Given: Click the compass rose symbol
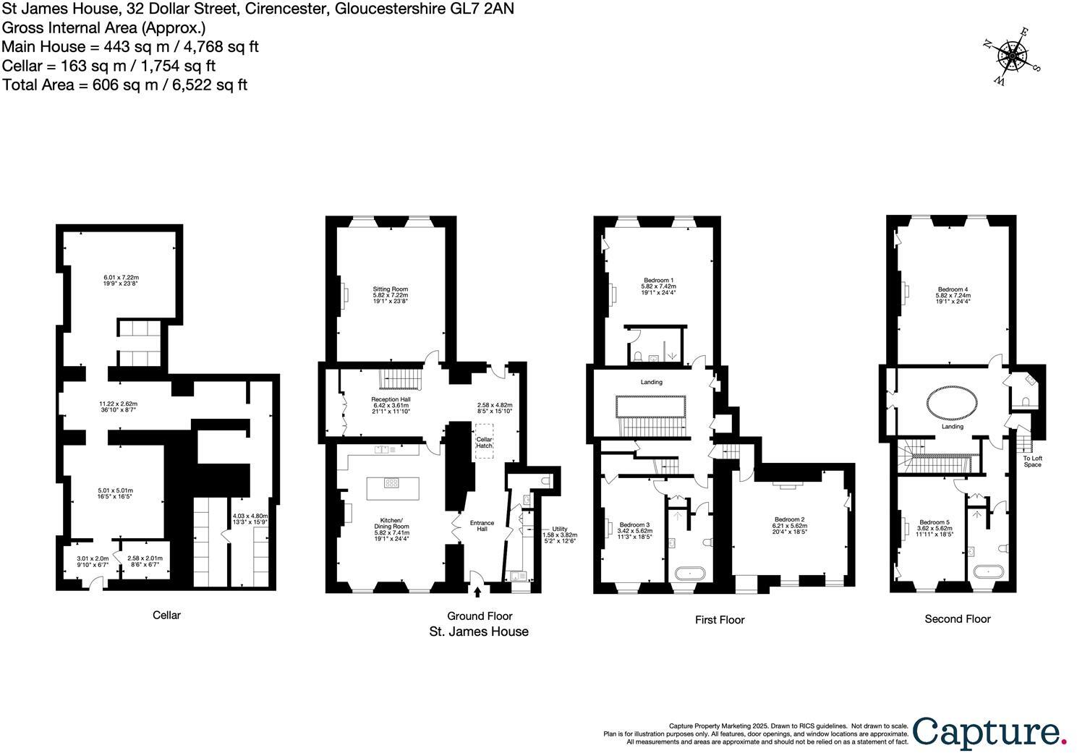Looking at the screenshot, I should point(1013,56).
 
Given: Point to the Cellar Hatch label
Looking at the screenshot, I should point(483,443).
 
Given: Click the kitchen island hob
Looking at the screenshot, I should point(391,484).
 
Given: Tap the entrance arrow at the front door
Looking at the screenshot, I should point(477,592).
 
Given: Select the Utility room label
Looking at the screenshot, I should point(559,529).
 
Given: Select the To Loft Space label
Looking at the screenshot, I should point(1032,461).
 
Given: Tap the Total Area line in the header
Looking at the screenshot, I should point(125,85).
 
